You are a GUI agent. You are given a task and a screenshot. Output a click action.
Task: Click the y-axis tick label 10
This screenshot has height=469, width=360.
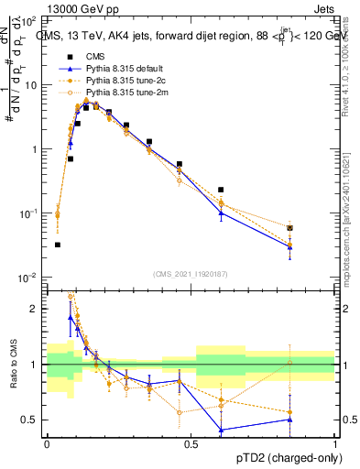coord(30,84)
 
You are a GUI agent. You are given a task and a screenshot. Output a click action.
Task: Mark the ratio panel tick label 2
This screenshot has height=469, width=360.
coord(36,309)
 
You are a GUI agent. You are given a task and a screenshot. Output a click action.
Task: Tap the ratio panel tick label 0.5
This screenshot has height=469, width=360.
coord(32,420)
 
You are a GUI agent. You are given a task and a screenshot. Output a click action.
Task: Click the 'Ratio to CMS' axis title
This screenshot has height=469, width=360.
coord(13,365)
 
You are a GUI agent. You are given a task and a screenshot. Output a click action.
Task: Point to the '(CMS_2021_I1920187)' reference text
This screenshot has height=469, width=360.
coord(191,274)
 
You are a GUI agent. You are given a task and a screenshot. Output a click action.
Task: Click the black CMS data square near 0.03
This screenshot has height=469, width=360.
coord(58,245)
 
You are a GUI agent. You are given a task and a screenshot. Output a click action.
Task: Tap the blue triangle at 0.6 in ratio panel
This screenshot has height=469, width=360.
coord(221,430)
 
